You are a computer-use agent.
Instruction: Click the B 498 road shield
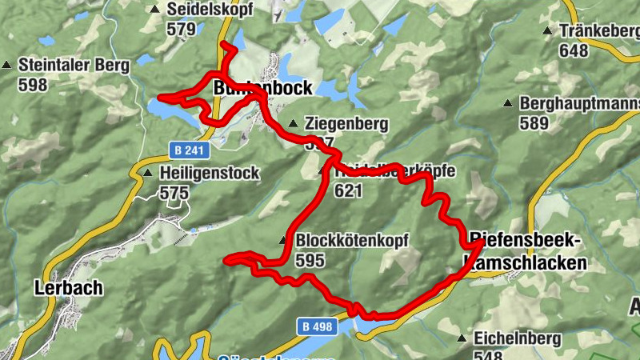point(318,326)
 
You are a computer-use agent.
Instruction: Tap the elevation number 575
point(174,193)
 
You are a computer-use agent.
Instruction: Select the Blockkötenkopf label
point(352,240)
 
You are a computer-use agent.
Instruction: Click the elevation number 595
point(311,260)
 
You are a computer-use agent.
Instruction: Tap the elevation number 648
point(574,51)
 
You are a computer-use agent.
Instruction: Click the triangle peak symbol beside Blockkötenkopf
point(283,241)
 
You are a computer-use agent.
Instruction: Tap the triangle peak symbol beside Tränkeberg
point(547,31)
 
